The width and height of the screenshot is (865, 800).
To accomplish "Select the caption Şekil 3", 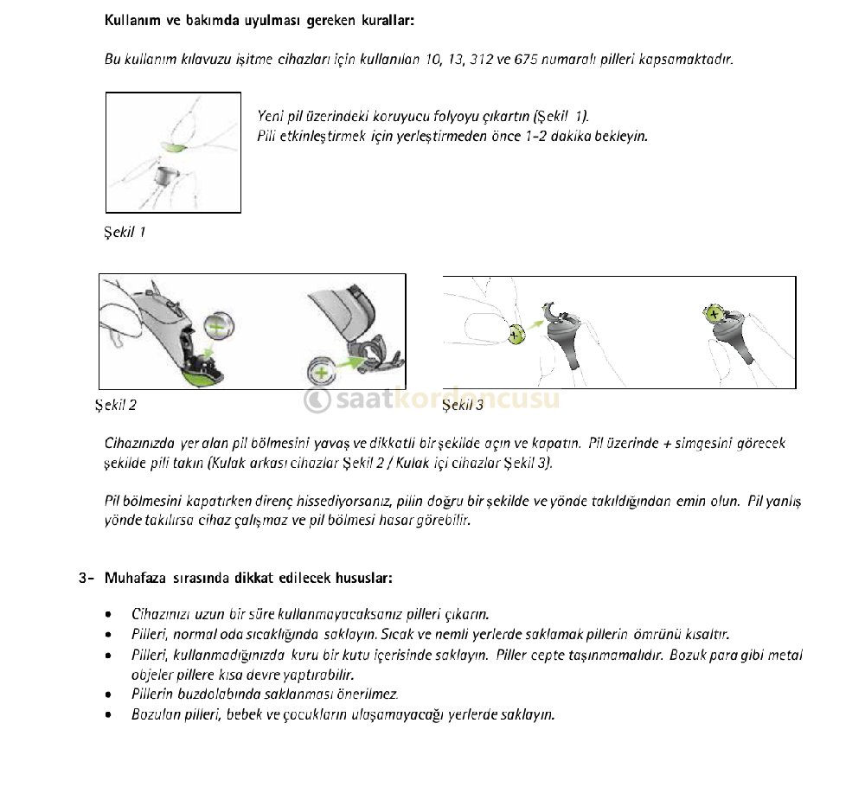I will [463, 404].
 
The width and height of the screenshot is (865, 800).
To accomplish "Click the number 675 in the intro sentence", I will [528, 60].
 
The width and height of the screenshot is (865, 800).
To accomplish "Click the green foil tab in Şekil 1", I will [176, 147].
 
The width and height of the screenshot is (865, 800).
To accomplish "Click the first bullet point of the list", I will [106, 615].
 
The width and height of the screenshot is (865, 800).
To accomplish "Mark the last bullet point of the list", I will [106, 714].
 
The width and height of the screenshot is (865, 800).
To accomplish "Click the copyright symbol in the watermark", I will [317, 400].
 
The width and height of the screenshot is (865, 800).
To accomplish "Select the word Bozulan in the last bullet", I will [153, 714].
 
